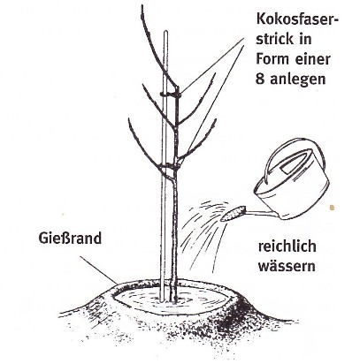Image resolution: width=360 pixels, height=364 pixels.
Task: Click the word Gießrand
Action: point(70,239)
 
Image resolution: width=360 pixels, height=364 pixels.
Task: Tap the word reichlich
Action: point(287,246)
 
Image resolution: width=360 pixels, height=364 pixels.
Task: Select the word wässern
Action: point(287,266)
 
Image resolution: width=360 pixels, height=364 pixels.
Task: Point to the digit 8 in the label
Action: point(260,79)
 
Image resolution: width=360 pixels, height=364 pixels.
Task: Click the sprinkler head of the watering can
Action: point(233,213)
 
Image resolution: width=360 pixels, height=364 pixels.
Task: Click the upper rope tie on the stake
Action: point(171,95)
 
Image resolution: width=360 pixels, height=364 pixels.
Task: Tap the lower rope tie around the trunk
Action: point(169,168)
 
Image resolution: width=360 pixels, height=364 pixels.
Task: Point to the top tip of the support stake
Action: point(165,31)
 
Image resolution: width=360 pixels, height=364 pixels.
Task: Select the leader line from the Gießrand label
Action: point(99,270)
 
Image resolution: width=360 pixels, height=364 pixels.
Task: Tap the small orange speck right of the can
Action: point(333,208)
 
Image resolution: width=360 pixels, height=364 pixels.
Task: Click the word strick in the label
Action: point(275,39)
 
